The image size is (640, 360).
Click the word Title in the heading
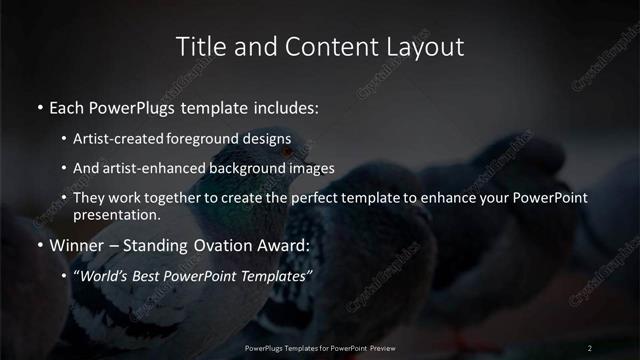click(198, 46)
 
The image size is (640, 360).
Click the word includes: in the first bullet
click(282, 105)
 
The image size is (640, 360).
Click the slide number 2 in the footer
click(590, 347)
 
